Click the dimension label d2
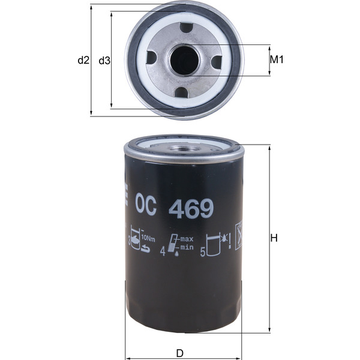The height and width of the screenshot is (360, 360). pos(83,60)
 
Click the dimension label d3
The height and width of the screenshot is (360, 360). pos(104,60)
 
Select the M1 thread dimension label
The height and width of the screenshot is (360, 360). pos(276,60)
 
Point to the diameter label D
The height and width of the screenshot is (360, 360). pos(180,353)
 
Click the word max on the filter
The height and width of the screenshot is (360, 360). pos(188,239)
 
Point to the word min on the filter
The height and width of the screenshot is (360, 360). pos(188,247)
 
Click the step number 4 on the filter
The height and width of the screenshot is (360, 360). pos(163,253)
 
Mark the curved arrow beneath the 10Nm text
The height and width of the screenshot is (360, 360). pos(146,249)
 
